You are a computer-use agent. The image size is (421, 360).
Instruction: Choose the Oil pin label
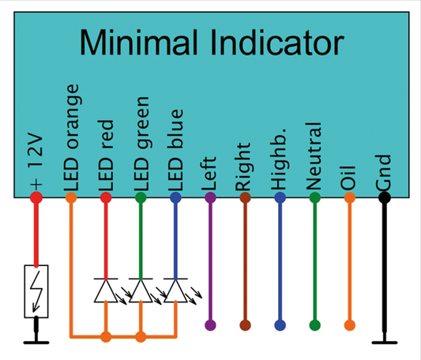[x=350, y=174]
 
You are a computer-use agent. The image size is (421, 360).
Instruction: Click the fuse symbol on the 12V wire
[x=36, y=291]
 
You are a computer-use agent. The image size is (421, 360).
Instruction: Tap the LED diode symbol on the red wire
[x=106, y=291]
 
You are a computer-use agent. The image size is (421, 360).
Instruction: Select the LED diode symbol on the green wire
[x=141, y=291]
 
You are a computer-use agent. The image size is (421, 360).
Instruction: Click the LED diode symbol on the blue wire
[x=175, y=291]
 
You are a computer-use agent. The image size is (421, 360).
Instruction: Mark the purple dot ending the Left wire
[x=210, y=324]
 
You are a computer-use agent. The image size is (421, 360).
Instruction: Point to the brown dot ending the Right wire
[x=245, y=324]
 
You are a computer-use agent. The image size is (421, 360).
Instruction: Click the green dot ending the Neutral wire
[x=315, y=324]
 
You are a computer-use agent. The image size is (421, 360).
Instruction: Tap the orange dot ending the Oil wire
[x=350, y=324]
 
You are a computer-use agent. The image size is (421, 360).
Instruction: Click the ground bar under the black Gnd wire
[x=385, y=343]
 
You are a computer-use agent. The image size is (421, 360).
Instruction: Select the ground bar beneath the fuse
[x=36, y=343]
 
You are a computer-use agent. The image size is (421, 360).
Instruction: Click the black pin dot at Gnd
[x=385, y=197]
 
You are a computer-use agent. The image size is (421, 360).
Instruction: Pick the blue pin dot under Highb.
[x=280, y=197]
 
